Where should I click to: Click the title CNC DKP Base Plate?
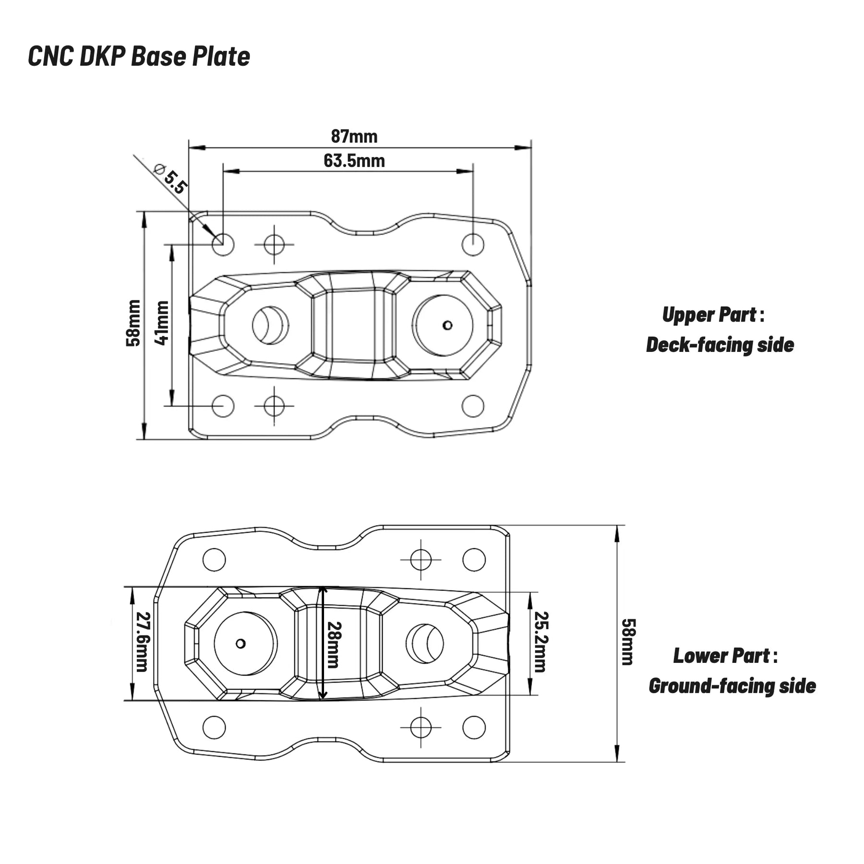click(x=139, y=57)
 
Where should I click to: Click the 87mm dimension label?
click(x=354, y=137)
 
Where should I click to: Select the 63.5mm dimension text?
click(x=354, y=161)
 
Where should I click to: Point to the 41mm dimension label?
click(x=162, y=323)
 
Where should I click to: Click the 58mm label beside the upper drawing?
click(x=133, y=323)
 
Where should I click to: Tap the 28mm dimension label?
click(x=334, y=644)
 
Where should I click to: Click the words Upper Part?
click(x=709, y=315)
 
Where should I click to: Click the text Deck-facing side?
click(x=720, y=345)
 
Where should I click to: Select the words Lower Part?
click(x=721, y=656)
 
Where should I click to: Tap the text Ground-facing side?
click(x=732, y=686)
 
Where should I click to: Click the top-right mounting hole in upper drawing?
click(x=473, y=244)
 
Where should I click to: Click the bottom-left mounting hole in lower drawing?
click(x=214, y=727)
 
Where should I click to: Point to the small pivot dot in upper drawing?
click(x=447, y=325)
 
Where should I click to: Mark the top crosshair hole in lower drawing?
click(x=421, y=559)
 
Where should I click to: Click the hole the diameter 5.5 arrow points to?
click(x=223, y=244)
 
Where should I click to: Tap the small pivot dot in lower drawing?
click(x=241, y=643)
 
